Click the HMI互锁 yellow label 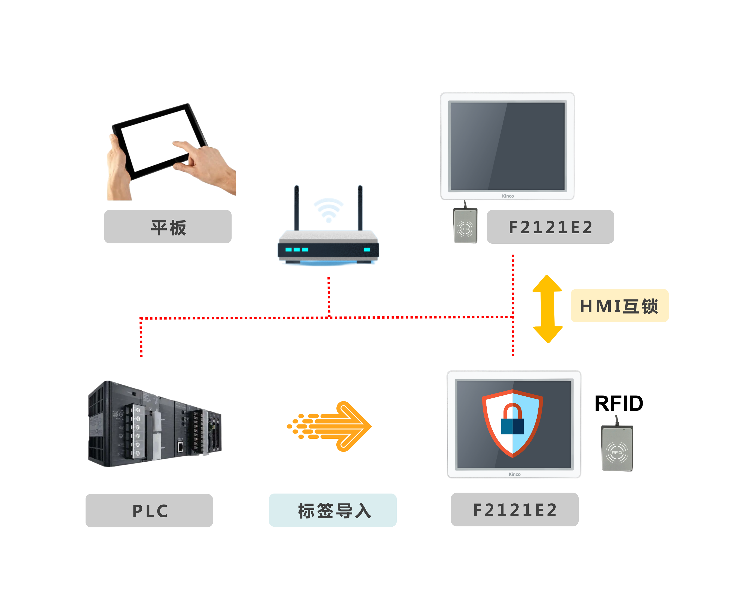coord(619,305)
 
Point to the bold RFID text coord(619,403)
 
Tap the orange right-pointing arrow coord(330,426)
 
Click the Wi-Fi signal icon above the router coord(328,210)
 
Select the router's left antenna coord(297,208)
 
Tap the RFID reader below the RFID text coord(617,448)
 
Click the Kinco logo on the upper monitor coord(508,196)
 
